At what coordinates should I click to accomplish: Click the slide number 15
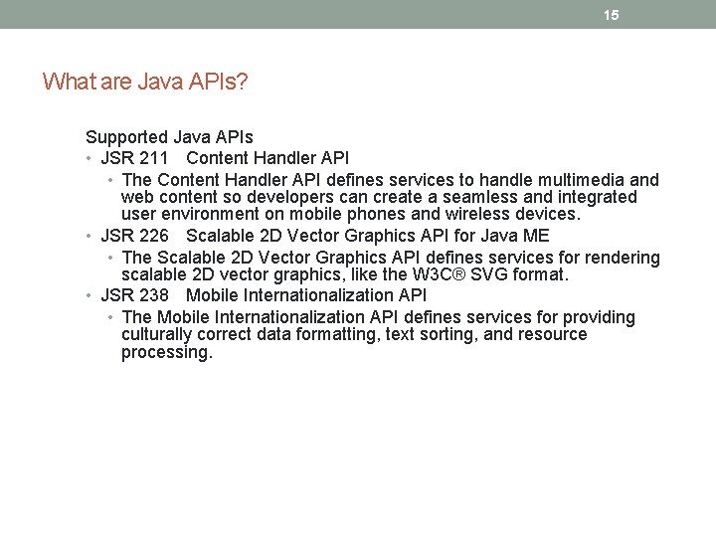tap(611, 15)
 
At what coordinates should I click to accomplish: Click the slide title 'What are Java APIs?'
tap(145, 82)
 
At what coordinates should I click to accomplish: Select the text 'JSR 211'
tap(134, 158)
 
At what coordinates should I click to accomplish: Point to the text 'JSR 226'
tap(134, 236)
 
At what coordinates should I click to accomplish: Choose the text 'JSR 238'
tap(134, 295)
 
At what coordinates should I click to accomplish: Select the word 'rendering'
tap(623, 258)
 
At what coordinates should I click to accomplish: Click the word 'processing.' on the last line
tap(167, 352)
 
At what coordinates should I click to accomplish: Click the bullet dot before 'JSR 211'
tap(89, 159)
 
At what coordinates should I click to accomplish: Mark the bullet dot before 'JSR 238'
tap(89, 296)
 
